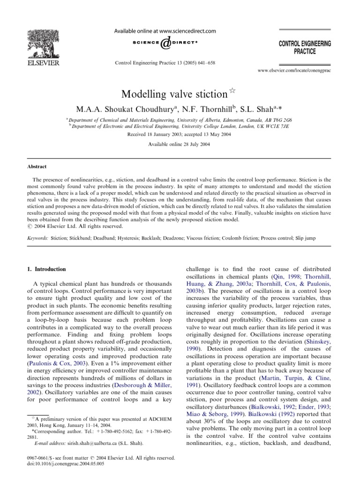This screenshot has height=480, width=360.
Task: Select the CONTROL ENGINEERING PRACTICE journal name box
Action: (304, 47)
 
